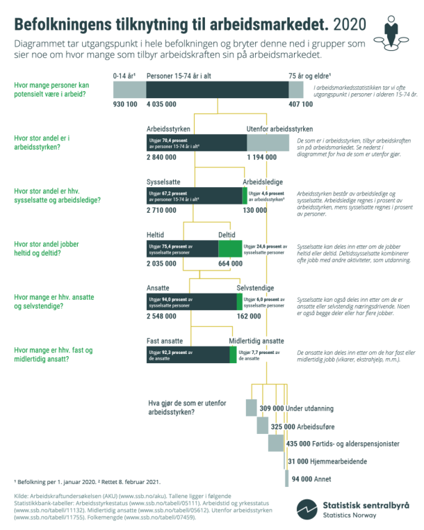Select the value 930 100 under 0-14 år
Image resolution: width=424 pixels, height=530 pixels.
click(x=125, y=104)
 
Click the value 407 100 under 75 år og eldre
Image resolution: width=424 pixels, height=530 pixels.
click(x=300, y=104)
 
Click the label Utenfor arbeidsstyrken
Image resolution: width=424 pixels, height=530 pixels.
click(x=279, y=129)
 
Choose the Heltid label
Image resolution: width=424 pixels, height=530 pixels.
click(x=156, y=236)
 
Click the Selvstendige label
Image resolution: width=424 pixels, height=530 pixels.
click(x=255, y=288)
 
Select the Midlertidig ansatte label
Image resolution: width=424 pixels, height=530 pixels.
click(x=256, y=342)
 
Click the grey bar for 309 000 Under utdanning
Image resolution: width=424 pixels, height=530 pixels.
click(x=252, y=408)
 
